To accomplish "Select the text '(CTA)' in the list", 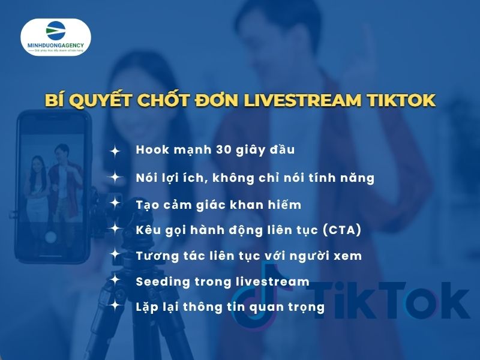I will point(343,230).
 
